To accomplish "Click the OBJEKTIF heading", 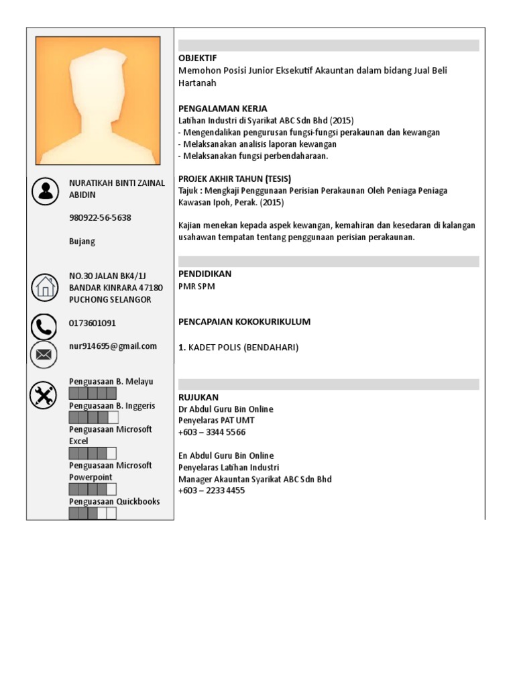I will (x=198, y=58).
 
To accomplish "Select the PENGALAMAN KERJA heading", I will (x=223, y=109).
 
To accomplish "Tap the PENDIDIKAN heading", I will (x=205, y=274).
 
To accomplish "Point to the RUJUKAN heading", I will (x=198, y=397).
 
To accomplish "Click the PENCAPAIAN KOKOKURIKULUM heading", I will (x=244, y=322).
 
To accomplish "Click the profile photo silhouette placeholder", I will (x=98, y=101).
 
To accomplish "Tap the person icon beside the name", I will (x=45, y=191).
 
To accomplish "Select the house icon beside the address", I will (x=45, y=287).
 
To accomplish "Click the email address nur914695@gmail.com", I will (x=113, y=346).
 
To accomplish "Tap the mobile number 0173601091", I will (x=93, y=323).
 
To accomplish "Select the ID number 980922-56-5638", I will (x=100, y=218).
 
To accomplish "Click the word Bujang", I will (x=82, y=242).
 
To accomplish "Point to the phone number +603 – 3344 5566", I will (x=212, y=433).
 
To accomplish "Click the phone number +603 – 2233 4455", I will (x=212, y=490).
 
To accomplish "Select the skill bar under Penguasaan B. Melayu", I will (x=93, y=393).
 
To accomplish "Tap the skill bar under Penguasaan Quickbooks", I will (x=93, y=513).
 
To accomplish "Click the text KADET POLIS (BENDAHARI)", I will (x=243, y=348).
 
